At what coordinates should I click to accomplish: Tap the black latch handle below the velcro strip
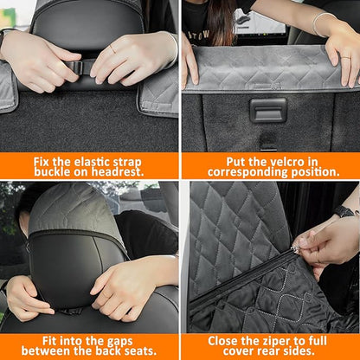click(267, 110)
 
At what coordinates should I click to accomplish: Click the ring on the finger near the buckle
click(112, 48)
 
